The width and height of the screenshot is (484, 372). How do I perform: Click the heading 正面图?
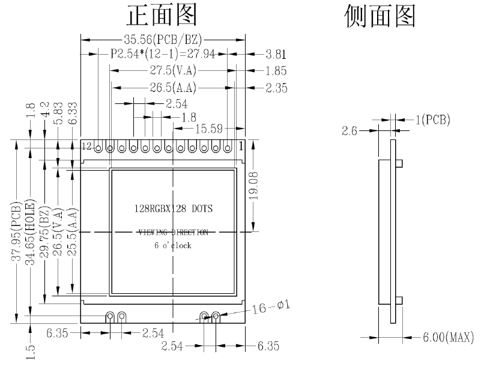point(161,17)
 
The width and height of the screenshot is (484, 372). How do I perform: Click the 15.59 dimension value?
point(209,128)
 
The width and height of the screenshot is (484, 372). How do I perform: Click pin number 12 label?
point(87,146)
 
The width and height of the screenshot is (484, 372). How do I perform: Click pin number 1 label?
point(241,145)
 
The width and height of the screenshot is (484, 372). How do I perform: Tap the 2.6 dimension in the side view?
point(350,130)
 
